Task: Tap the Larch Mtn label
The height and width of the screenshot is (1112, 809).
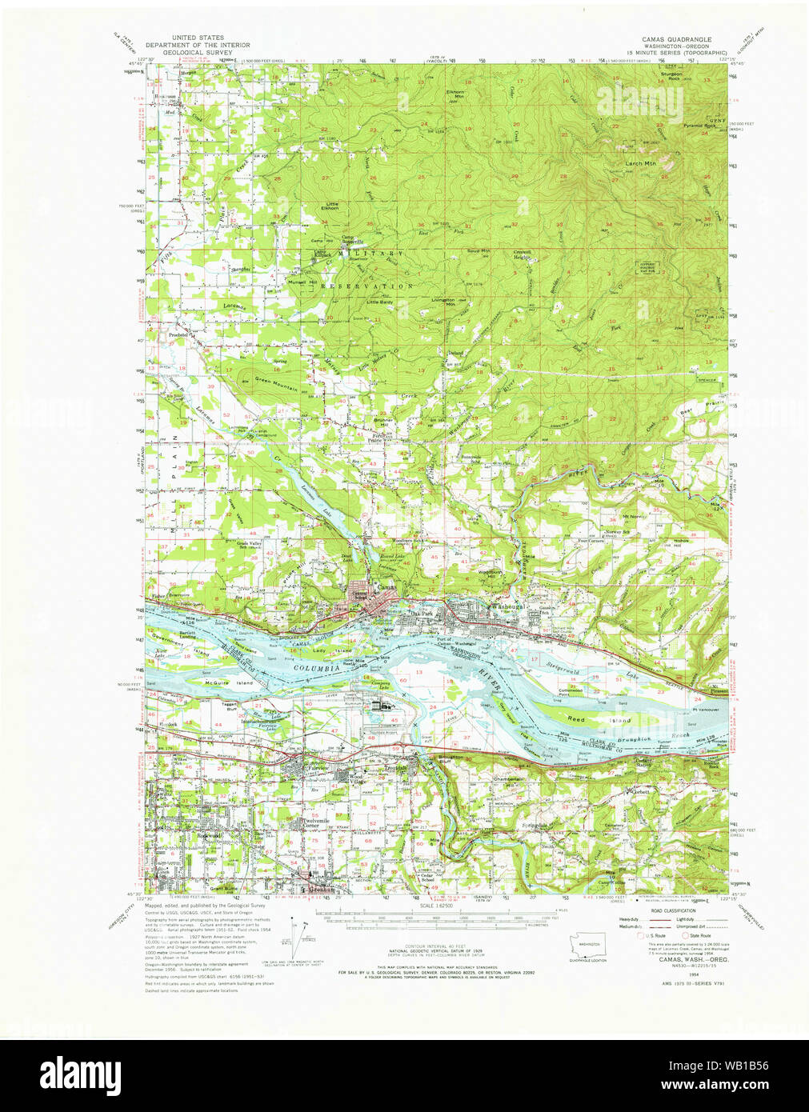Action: click(639, 163)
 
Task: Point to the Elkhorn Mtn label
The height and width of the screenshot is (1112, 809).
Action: click(455, 94)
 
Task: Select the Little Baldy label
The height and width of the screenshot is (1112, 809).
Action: click(380, 302)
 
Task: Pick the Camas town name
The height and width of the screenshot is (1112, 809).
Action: click(387, 586)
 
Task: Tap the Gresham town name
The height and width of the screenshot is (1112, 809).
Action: click(317, 890)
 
